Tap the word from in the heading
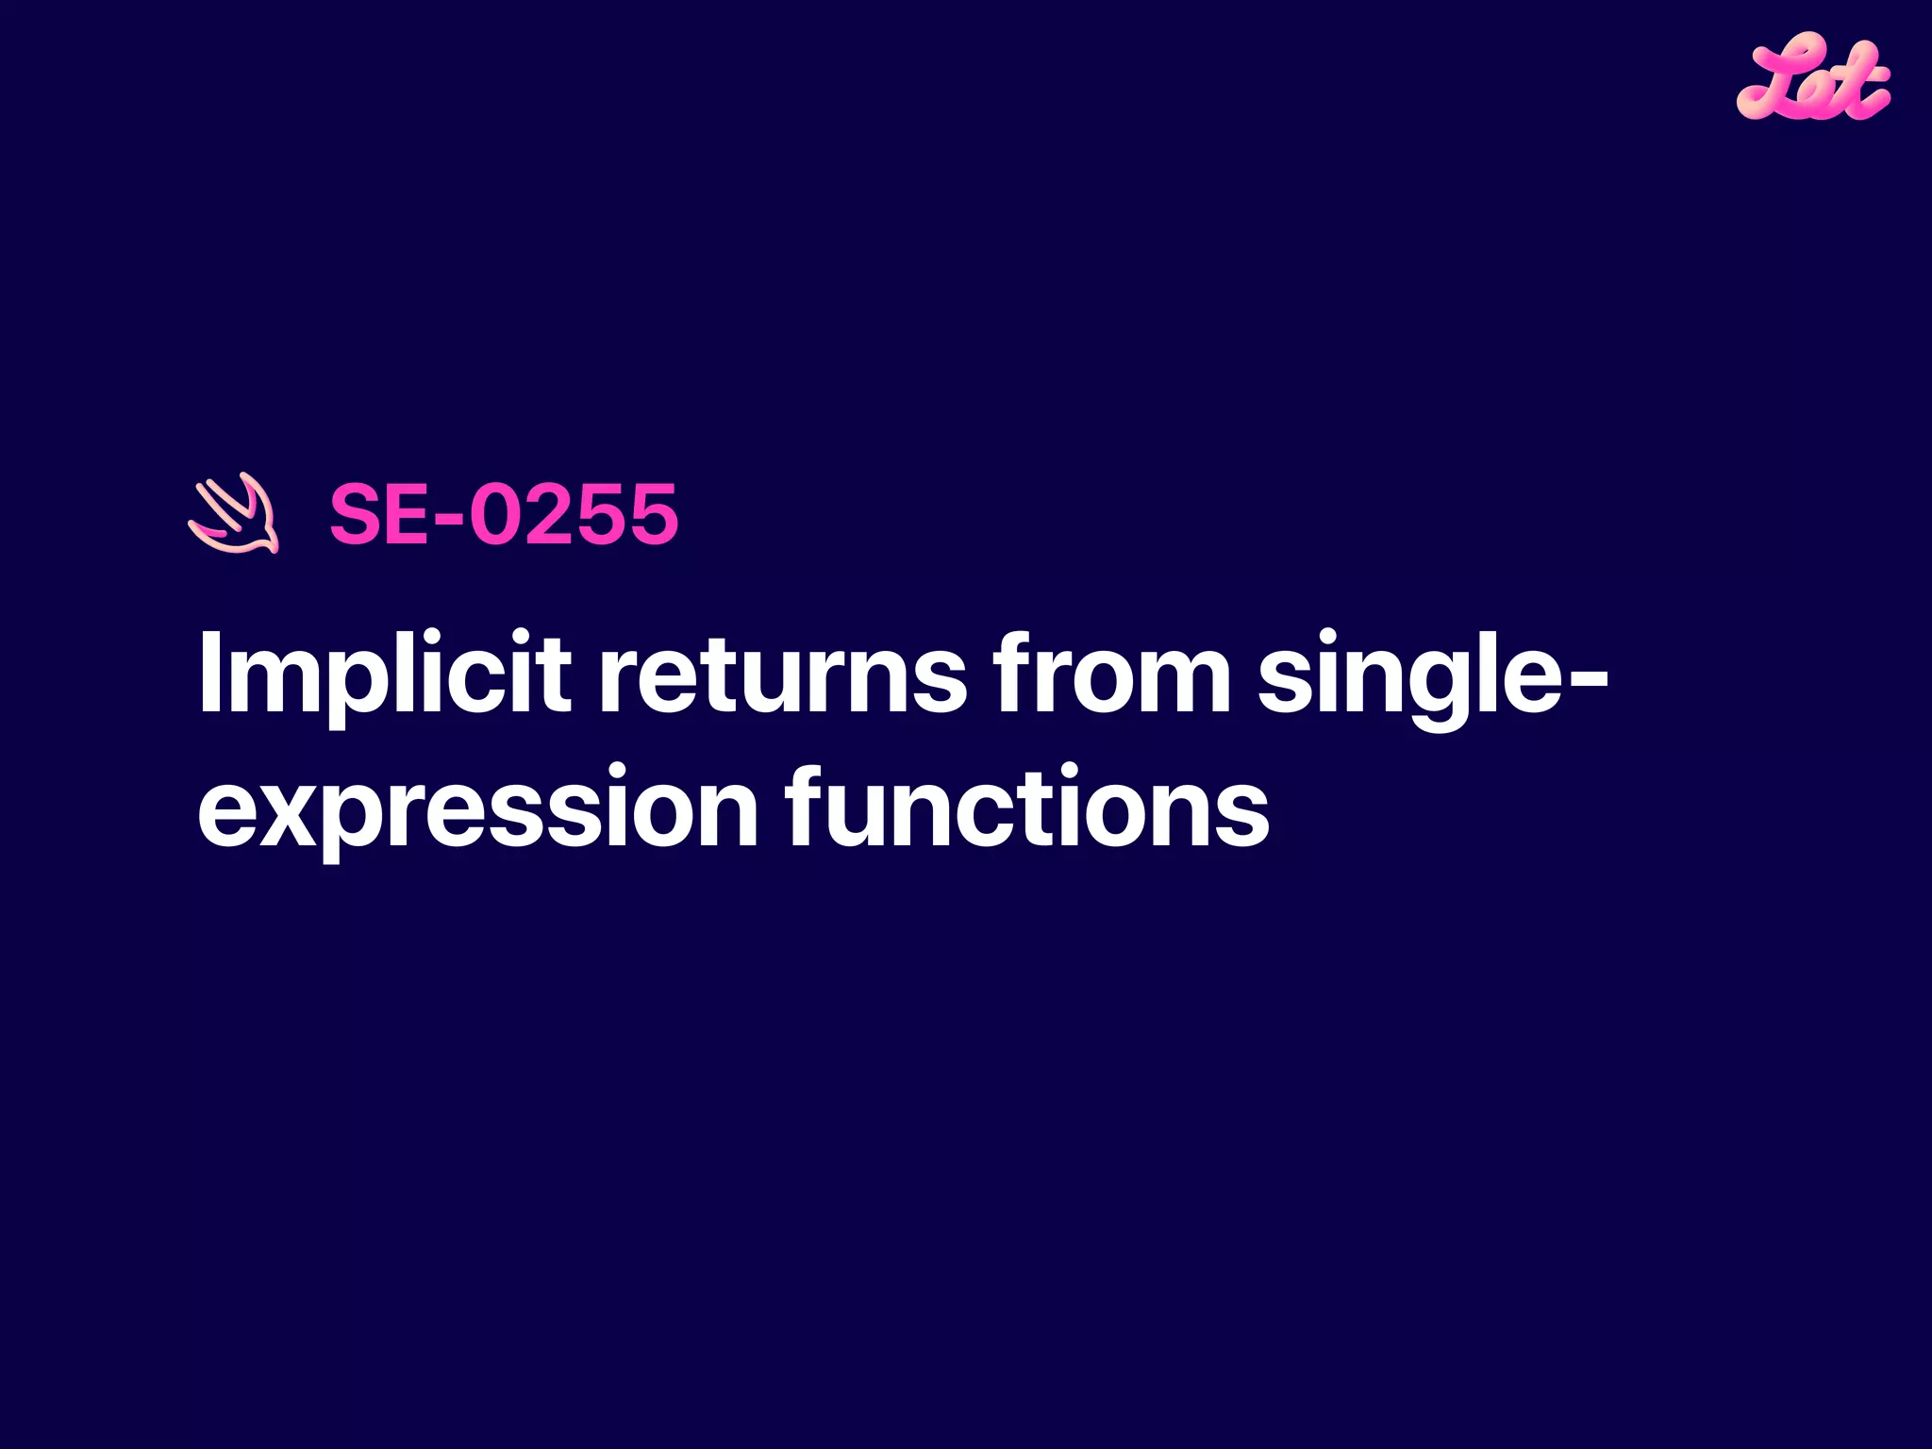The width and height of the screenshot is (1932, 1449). click(1112, 672)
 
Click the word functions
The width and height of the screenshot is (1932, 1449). click(1027, 807)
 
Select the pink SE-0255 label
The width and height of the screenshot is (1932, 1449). click(503, 514)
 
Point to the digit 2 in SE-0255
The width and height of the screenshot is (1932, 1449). click(549, 514)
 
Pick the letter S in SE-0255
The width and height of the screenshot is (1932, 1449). click(358, 514)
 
